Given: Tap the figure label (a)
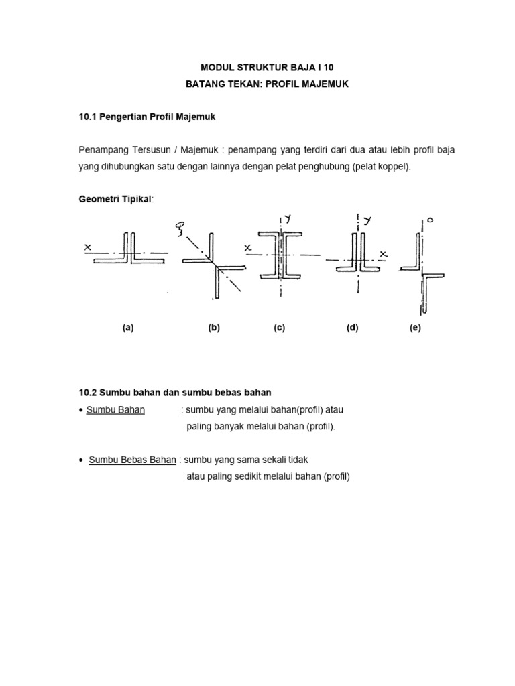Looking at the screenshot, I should point(128,328).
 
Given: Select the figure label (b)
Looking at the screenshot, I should point(214,328).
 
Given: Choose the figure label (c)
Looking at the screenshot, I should point(280,328).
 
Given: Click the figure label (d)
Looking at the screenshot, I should point(353,328).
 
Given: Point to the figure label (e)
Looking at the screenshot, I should point(416,328).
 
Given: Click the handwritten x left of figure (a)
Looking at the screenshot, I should point(88,247).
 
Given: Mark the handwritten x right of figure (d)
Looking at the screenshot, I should point(384,254).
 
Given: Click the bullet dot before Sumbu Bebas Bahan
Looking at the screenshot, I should point(81,460).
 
